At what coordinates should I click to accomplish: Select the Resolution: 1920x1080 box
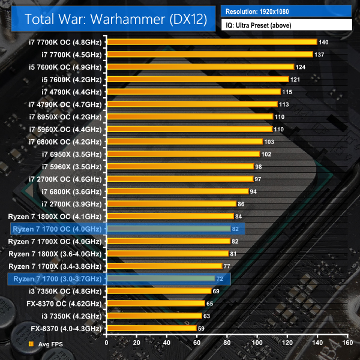click(286, 11)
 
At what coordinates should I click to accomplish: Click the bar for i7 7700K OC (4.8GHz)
click(212, 42)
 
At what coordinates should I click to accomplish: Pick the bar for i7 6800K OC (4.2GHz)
click(184, 142)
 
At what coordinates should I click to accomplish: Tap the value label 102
click(266, 154)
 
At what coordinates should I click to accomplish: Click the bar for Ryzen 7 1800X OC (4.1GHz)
click(170, 216)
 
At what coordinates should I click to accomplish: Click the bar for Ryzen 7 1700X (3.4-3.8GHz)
click(164, 266)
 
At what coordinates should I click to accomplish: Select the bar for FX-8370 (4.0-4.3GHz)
click(151, 328)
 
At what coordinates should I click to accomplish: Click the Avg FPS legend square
click(31, 344)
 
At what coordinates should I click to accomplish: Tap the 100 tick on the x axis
click(257, 343)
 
